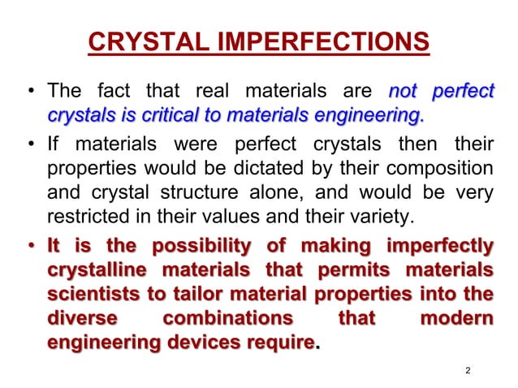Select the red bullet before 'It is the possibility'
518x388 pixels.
32,247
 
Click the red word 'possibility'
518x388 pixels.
216,247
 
